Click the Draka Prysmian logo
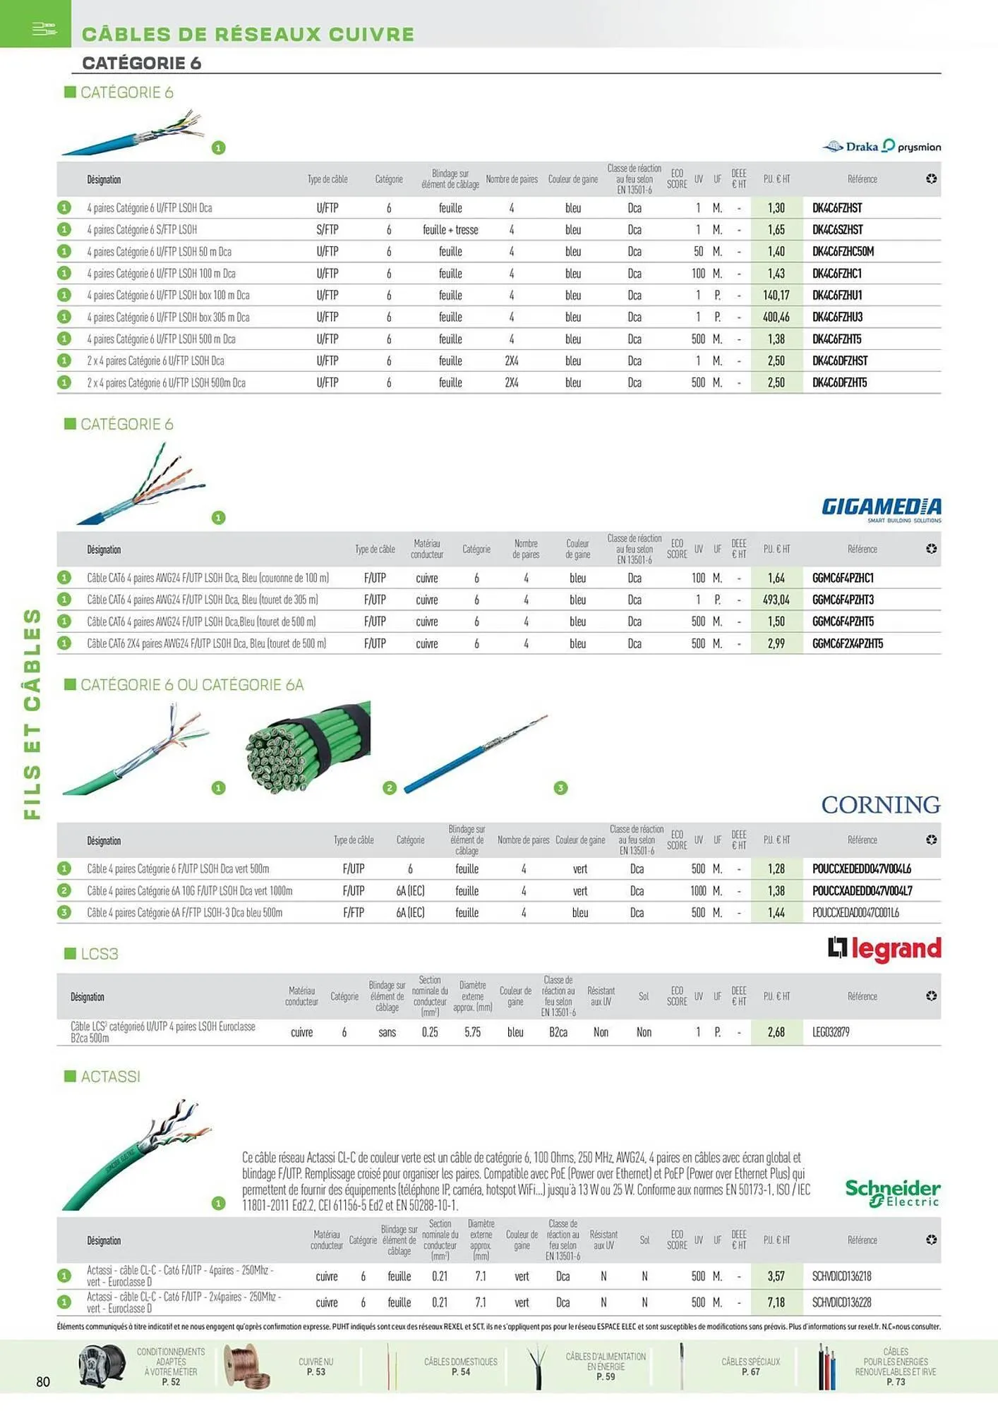click(x=882, y=146)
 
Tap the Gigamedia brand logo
click(x=881, y=508)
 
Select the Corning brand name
click(x=880, y=804)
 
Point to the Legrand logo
click(x=884, y=949)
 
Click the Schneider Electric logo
click(x=892, y=1192)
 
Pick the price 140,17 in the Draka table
click(x=776, y=295)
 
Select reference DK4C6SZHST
click(x=837, y=229)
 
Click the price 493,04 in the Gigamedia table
click(x=776, y=600)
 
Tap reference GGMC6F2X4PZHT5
click(x=847, y=643)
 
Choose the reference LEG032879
click(x=831, y=1032)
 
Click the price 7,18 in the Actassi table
click(x=776, y=1302)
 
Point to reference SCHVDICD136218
click(x=841, y=1276)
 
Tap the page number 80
click(x=43, y=1381)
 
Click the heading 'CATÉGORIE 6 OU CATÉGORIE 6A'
click(x=192, y=685)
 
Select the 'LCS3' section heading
click(x=100, y=954)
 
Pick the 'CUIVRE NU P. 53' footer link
click(x=315, y=1367)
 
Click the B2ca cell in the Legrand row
click(x=558, y=1032)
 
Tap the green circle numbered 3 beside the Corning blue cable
click(x=560, y=788)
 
